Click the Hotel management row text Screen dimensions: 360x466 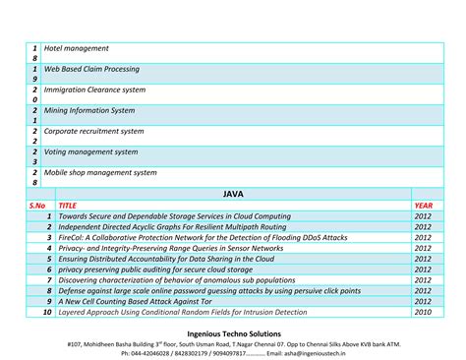click(x=76, y=48)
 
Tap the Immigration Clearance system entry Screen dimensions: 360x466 click(x=94, y=90)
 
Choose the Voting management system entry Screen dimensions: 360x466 click(x=90, y=151)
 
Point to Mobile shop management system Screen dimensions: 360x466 click(x=100, y=172)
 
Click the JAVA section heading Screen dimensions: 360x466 click(x=233, y=194)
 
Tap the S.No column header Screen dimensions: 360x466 click(x=37, y=206)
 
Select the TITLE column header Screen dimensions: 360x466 click(x=68, y=206)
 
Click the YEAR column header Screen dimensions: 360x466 click(x=423, y=206)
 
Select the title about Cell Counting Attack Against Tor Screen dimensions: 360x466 click(x=152, y=301)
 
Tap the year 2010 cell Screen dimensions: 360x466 click(x=423, y=312)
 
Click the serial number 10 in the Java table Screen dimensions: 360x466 click(x=45, y=312)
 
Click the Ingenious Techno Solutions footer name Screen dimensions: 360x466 click(x=233, y=333)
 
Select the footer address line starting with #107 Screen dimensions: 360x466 click(x=233, y=344)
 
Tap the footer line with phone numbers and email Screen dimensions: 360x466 click(x=233, y=354)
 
